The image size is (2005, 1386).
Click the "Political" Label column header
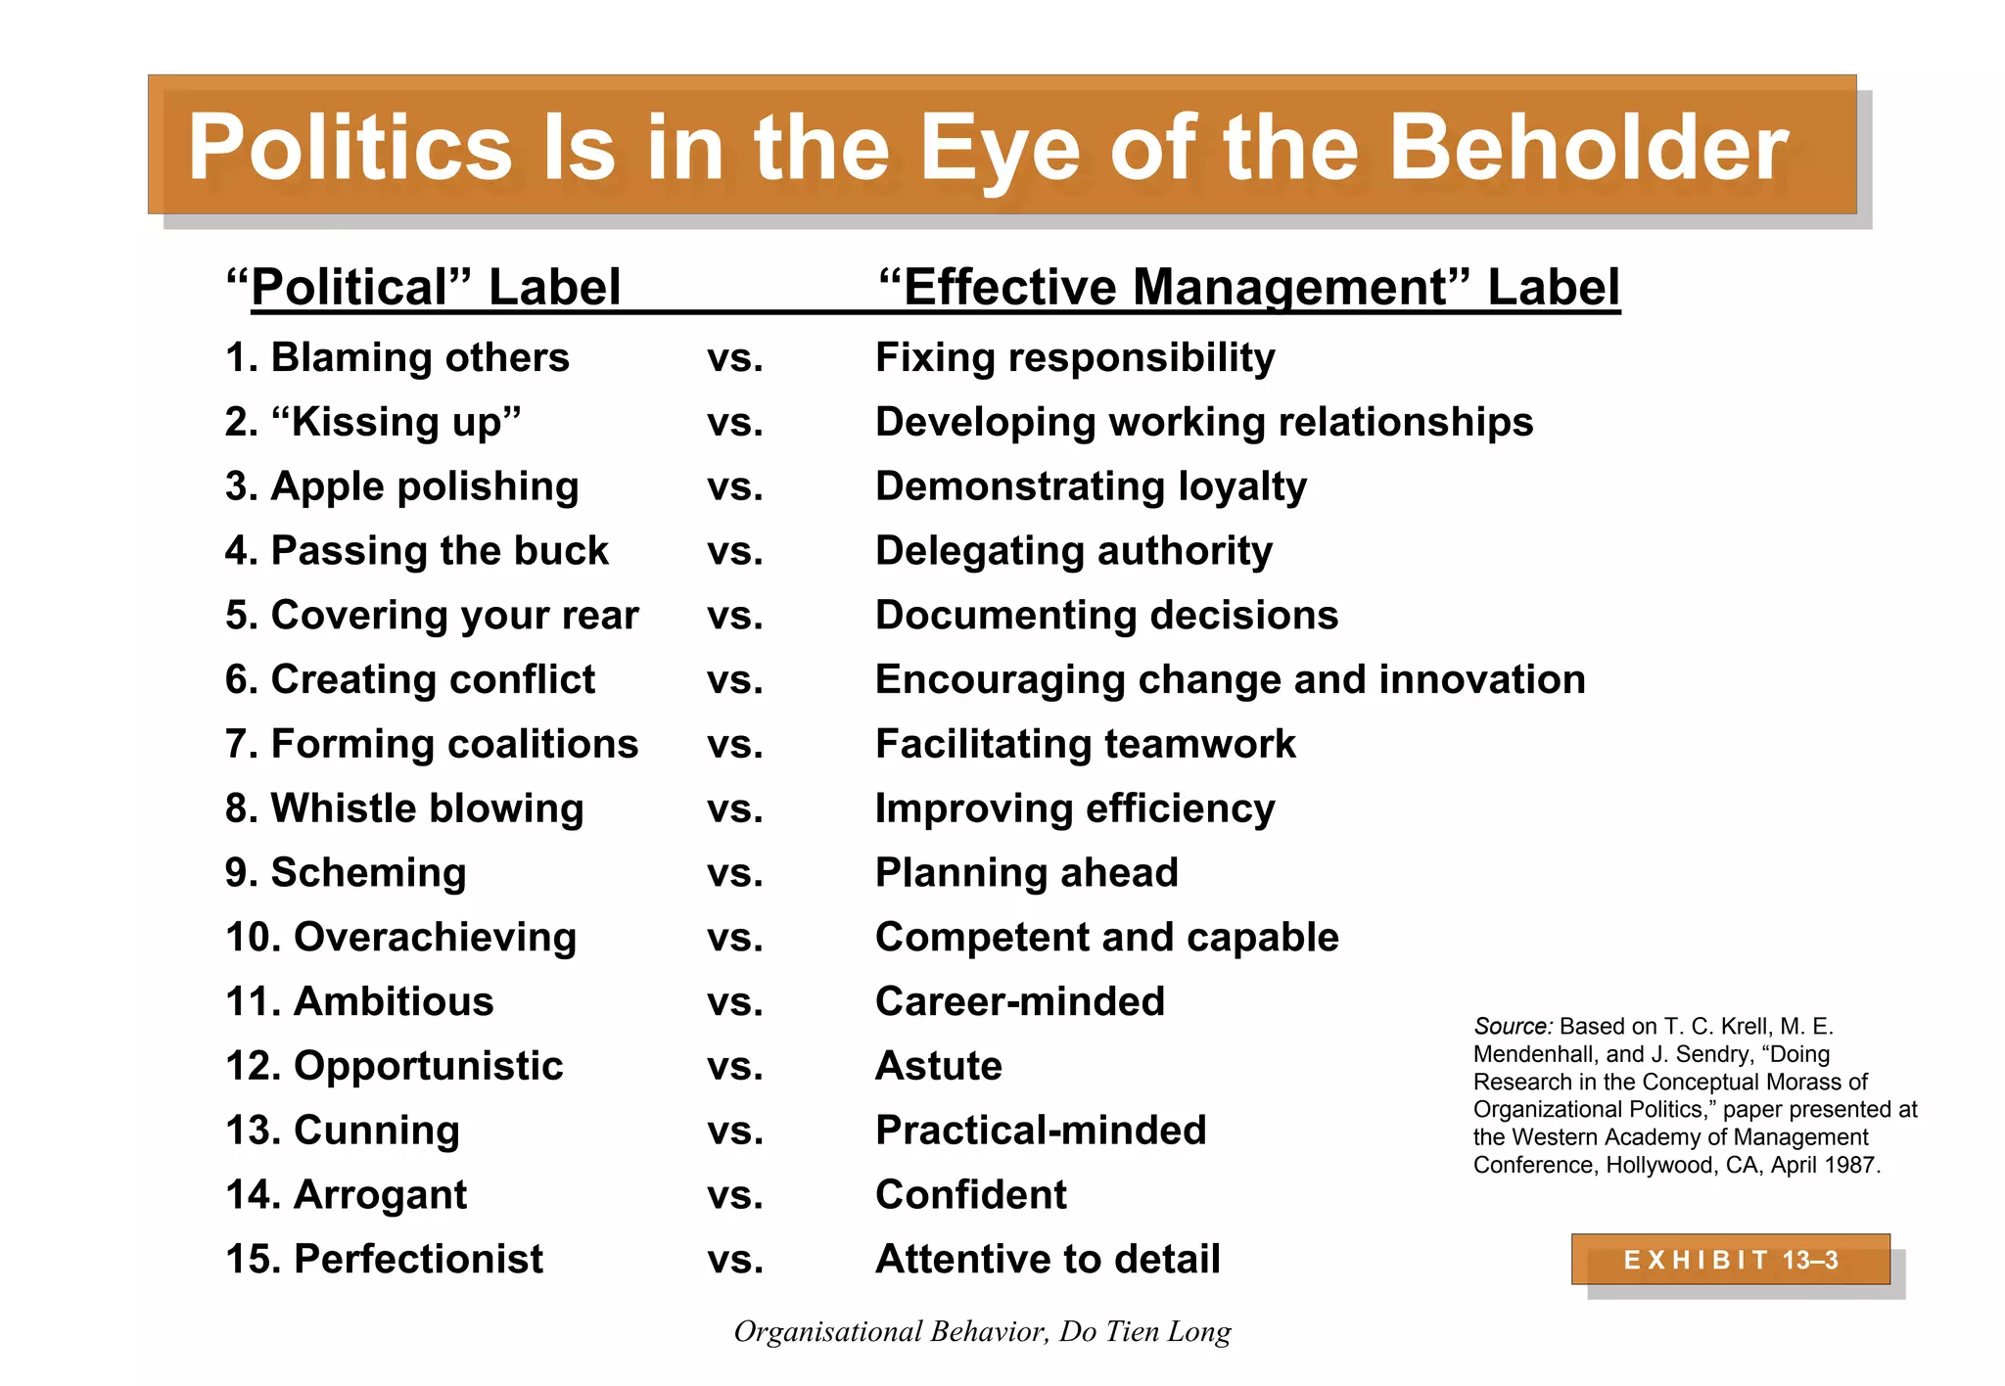click(x=423, y=287)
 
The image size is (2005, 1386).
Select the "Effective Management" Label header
click(x=1248, y=287)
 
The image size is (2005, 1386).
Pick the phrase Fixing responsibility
click(x=1075, y=357)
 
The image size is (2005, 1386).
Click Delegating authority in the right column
click(x=1074, y=550)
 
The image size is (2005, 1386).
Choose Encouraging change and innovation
click(x=1230, y=679)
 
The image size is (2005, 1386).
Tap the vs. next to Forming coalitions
click(x=734, y=745)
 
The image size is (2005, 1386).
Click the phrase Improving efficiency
click(x=1075, y=808)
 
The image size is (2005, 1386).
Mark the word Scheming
click(x=368, y=872)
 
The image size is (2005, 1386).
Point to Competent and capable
click(x=1106, y=937)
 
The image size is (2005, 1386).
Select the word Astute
click(x=939, y=1065)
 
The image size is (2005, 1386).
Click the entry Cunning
click(x=376, y=1130)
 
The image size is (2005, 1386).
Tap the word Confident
click(x=971, y=1194)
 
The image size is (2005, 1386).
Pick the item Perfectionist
click(x=418, y=1259)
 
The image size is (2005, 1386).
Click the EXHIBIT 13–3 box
click(x=1730, y=1260)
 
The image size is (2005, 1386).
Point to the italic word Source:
click(x=1513, y=1026)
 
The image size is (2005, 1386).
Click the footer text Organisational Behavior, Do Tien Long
click(x=982, y=1331)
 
